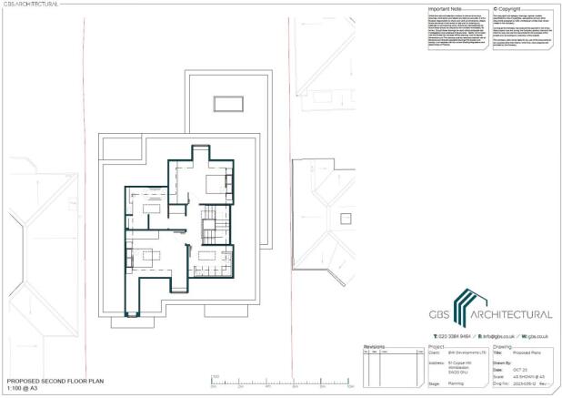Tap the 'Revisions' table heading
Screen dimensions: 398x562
pyautogui.click(x=375, y=346)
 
